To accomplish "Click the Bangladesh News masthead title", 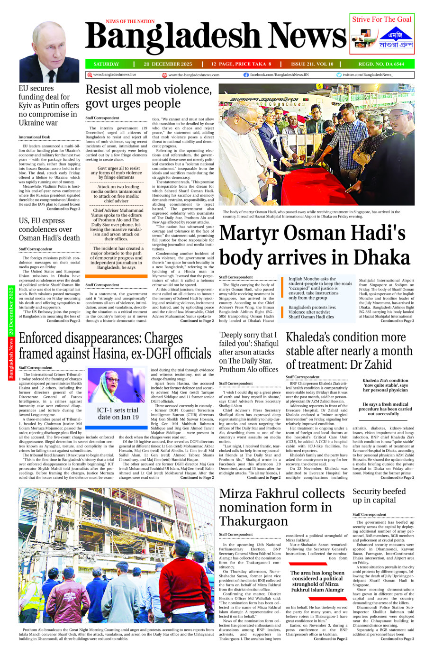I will point(216,37).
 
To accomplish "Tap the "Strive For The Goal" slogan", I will point(381,19).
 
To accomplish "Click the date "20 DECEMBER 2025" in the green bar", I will point(168,64).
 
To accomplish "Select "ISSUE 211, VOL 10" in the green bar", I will point(312,64).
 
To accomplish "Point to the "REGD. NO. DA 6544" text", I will point(381,64).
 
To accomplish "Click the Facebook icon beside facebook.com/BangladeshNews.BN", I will point(246,75).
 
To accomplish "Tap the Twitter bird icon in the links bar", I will point(339,75).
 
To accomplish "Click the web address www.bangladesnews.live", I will point(114,75).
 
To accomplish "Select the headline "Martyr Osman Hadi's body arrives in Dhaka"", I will point(315,246).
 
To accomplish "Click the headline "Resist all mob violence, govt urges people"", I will point(149,96).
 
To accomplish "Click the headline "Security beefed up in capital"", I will point(379,495).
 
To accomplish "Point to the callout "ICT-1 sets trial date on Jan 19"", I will point(118,413).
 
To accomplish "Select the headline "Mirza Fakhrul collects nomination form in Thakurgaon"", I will point(282,507).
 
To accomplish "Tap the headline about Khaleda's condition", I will point(349,351).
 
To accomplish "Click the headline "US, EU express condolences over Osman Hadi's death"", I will point(49,229).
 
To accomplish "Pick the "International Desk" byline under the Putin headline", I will point(34,137).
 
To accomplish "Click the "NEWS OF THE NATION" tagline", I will point(130,21).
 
